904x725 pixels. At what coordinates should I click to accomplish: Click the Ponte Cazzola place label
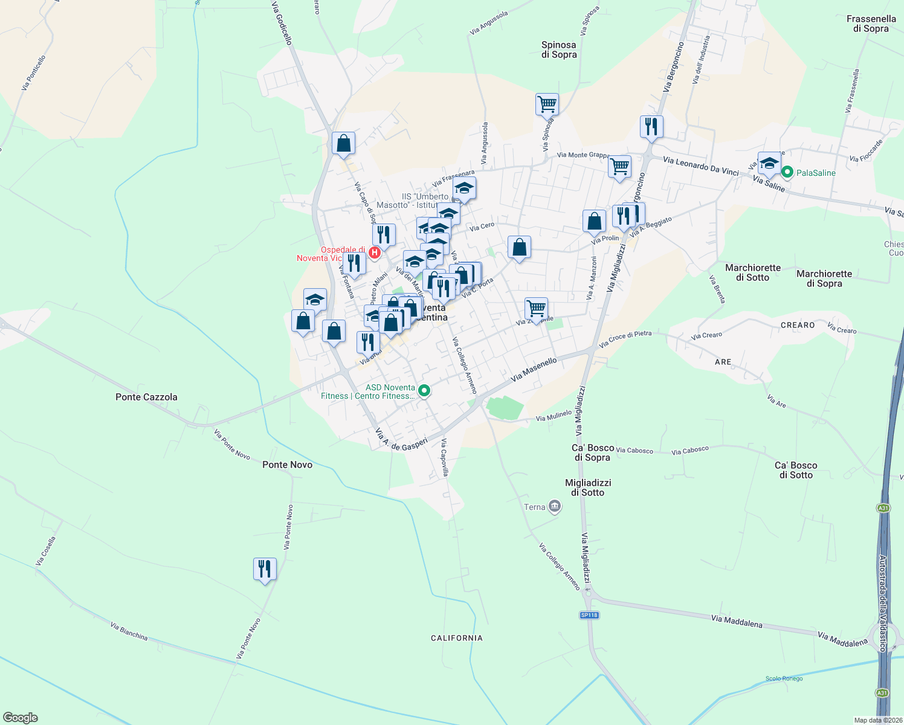(146, 397)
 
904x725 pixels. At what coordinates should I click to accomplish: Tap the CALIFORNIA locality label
(457, 638)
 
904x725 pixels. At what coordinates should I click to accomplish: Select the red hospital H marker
(375, 253)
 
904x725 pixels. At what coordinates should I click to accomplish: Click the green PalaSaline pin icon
(787, 173)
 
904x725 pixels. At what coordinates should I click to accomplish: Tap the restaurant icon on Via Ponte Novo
(265, 569)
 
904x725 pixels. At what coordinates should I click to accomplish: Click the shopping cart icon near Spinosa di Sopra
(547, 105)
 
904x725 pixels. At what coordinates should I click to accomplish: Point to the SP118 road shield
(589, 615)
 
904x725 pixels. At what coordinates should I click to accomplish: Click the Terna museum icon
(554, 507)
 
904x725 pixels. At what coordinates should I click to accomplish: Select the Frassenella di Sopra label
(871, 24)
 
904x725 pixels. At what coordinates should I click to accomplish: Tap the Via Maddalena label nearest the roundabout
(842, 639)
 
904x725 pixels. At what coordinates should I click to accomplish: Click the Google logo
(20, 718)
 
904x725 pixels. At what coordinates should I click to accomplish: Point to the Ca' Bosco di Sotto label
(796, 470)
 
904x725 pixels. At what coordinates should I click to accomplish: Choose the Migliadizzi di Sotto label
(588, 488)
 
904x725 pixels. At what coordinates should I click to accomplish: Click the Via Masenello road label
(534, 369)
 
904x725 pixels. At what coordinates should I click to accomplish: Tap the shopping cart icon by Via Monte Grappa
(619, 166)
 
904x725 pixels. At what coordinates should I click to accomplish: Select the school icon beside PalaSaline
(769, 163)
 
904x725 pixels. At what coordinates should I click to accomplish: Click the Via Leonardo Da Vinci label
(700, 166)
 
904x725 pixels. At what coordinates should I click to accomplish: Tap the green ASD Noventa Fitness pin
(424, 391)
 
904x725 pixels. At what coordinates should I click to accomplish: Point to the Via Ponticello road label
(33, 73)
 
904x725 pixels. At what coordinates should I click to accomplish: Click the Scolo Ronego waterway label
(784, 678)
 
